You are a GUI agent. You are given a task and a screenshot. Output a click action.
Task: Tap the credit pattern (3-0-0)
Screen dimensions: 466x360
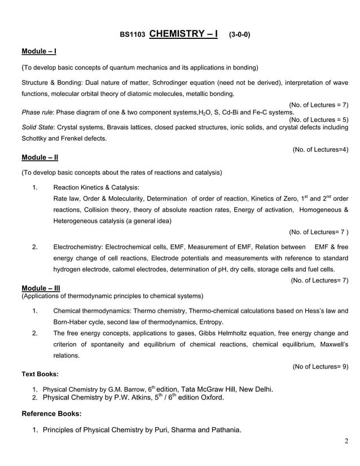[x=239, y=34]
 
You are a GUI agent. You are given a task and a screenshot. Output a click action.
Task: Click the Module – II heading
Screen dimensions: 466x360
[x=39, y=157]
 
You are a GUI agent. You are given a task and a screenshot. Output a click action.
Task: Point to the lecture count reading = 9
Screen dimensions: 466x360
[x=320, y=367]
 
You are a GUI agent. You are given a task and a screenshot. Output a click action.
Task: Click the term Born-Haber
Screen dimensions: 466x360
[x=73, y=322]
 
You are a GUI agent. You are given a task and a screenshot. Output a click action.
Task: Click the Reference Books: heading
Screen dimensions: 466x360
[x=51, y=414]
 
